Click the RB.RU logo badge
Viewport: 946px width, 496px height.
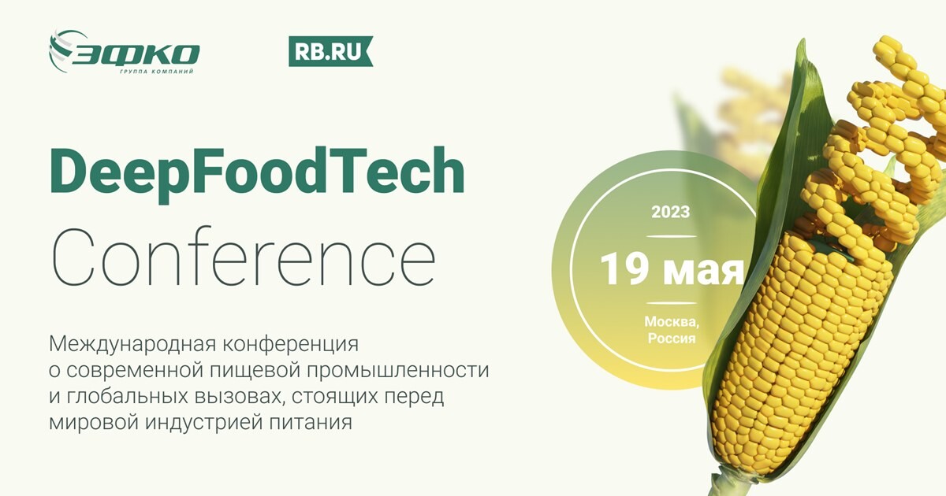pos(330,51)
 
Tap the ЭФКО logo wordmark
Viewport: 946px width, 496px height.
pos(135,54)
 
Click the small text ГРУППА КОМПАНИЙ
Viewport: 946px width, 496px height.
pos(157,72)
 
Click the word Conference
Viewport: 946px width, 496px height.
pos(244,258)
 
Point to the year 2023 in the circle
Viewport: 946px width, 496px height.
pos(671,212)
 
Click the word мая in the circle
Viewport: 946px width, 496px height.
pos(702,272)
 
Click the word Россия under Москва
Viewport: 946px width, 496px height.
pos(672,339)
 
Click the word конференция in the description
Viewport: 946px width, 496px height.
pos(291,345)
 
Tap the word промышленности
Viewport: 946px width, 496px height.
pos(398,371)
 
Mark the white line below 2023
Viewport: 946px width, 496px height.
pos(672,236)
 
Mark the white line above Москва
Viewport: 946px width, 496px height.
pos(672,303)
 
